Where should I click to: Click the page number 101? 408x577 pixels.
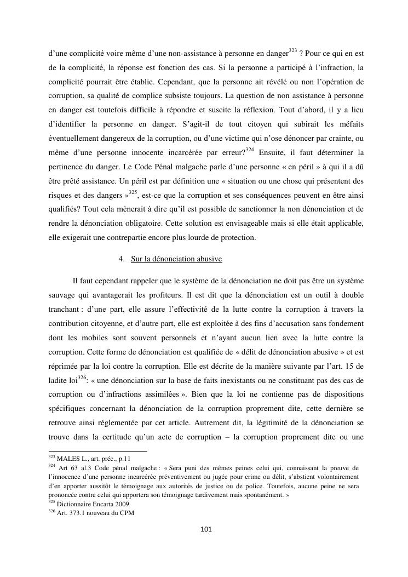coord(206,529)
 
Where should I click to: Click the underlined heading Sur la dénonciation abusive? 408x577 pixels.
coord(176,259)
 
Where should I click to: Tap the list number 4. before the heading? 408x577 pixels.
coord(122,259)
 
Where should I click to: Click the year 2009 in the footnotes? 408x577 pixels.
coord(122,505)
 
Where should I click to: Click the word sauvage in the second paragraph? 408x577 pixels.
coord(62,295)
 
